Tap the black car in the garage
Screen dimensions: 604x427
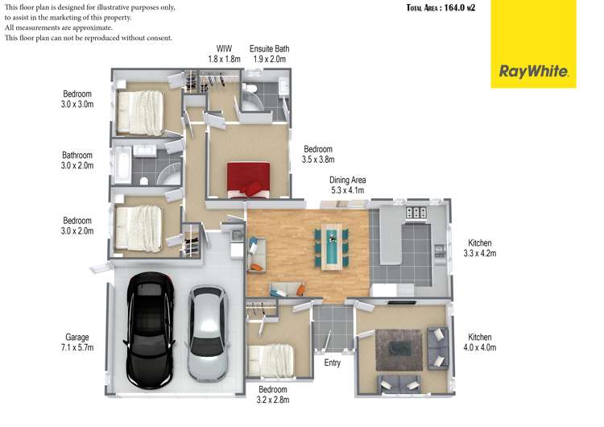click(150, 330)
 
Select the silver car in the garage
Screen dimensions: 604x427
click(208, 334)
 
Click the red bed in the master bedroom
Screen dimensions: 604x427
click(249, 180)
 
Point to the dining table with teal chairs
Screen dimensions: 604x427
click(332, 247)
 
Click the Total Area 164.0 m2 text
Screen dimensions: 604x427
click(441, 8)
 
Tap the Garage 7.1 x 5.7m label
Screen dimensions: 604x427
click(77, 342)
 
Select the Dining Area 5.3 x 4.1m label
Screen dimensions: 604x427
click(347, 185)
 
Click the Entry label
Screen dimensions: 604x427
click(333, 363)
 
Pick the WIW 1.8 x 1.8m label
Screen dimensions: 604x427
click(224, 53)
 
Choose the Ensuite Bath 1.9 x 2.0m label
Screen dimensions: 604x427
click(269, 53)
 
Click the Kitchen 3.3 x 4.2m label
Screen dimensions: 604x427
click(480, 248)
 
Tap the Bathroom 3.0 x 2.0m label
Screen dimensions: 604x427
click(77, 160)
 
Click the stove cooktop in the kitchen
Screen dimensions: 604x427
click(416, 213)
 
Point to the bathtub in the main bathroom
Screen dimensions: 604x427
click(122, 165)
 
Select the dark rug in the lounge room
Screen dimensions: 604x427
click(399, 350)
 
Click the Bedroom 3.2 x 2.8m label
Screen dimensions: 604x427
click(273, 395)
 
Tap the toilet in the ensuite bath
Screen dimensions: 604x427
click(250, 89)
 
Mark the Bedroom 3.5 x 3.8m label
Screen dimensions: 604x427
click(318, 154)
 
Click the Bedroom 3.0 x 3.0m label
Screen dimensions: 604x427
click(77, 99)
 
